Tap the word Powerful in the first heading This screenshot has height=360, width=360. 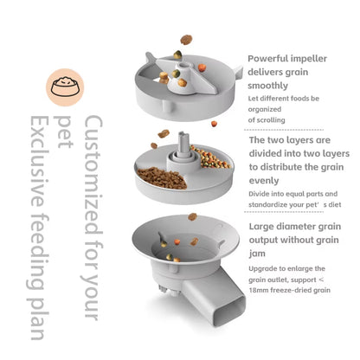pyautogui.click(x=269, y=59)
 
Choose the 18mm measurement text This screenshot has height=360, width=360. pyautogui.click(x=262, y=291)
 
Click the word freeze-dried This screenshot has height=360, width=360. pyautogui.click(x=300, y=291)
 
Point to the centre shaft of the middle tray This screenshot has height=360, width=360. pyautogui.click(x=183, y=144)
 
